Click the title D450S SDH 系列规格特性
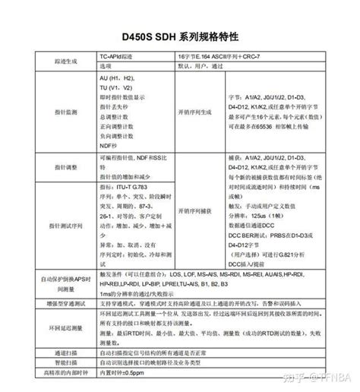tap(180, 36)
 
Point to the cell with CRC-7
tap(251, 55)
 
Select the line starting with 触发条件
tap(213, 273)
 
